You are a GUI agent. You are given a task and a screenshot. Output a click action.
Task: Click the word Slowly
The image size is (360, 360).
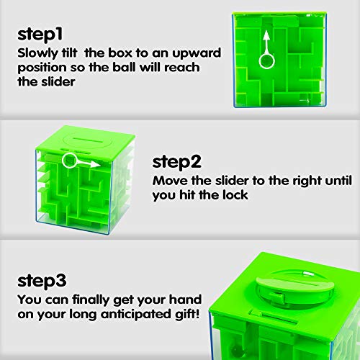(x=36, y=54)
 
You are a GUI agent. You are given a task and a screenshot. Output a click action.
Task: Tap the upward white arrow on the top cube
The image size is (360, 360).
(x=266, y=42)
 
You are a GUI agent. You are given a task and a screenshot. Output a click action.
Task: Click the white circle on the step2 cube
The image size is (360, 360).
(x=70, y=160)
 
